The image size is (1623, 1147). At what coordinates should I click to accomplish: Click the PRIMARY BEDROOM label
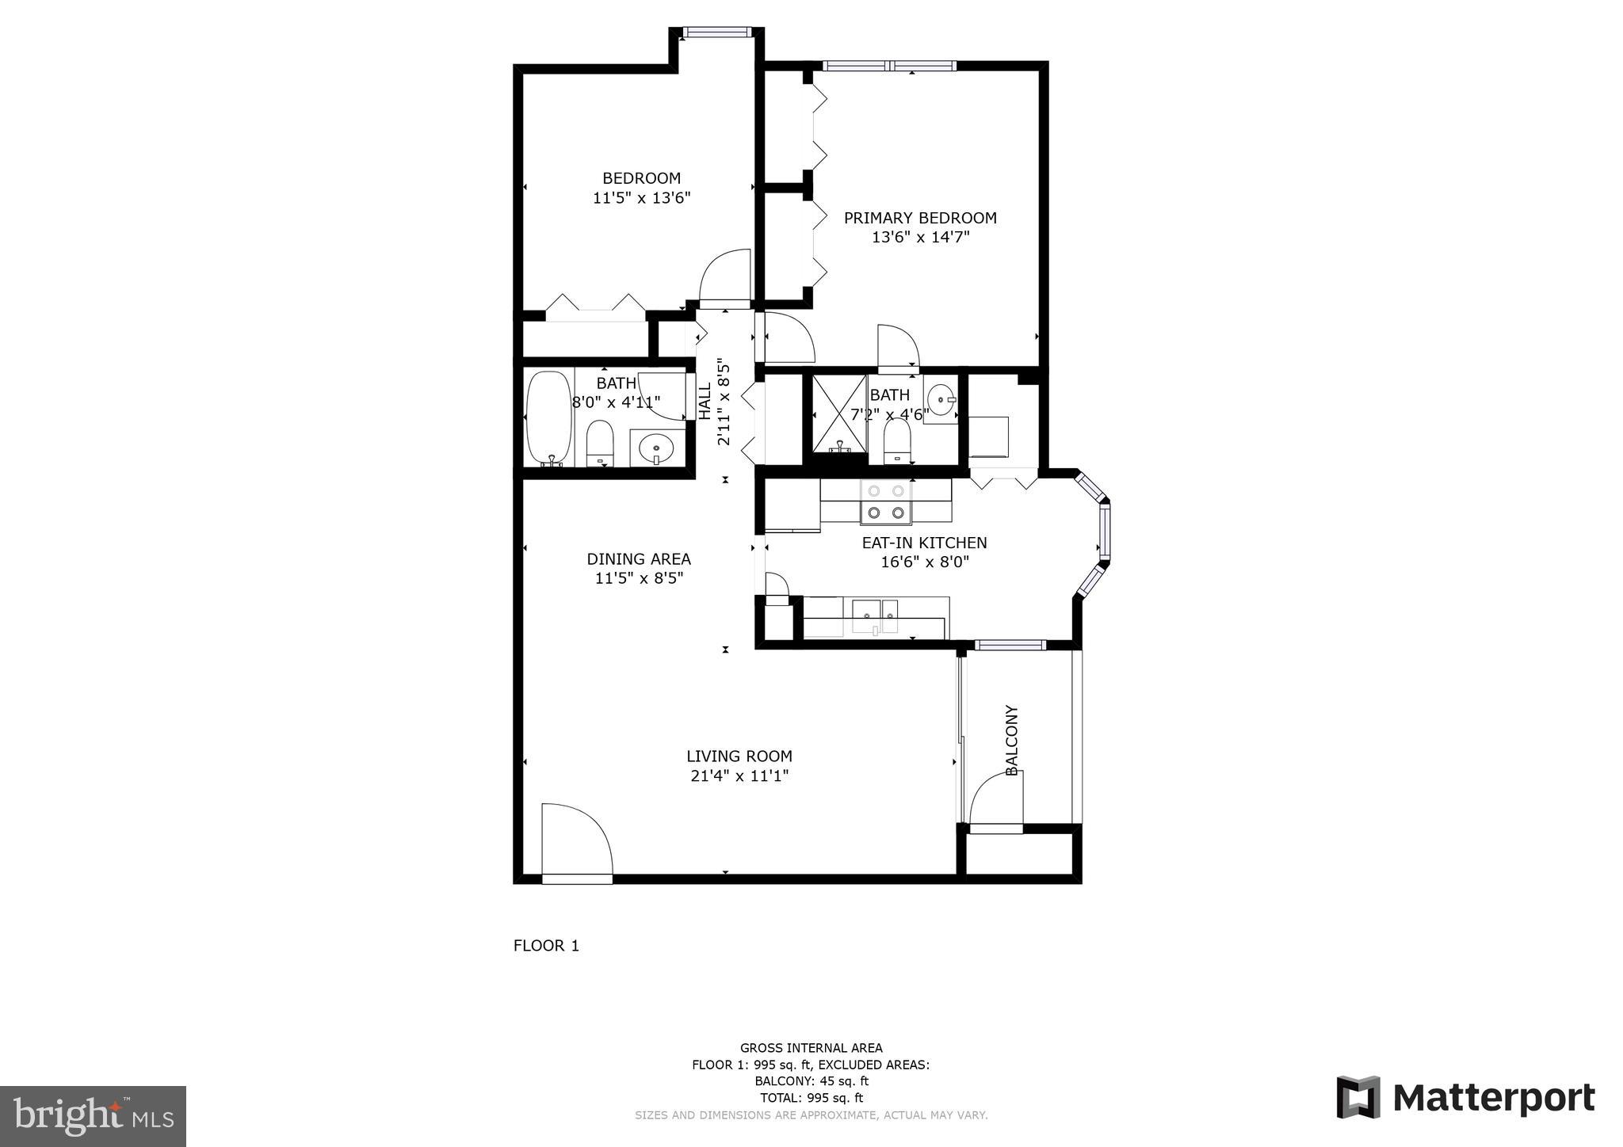(x=919, y=218)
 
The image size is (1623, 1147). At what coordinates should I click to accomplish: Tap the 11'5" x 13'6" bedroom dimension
(x=641, y=198)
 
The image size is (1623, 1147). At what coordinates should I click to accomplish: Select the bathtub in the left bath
(x=548, y=417)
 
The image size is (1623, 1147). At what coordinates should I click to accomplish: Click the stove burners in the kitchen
(x=886, y=502)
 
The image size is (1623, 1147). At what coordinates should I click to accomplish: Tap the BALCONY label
(x=1011, y=740)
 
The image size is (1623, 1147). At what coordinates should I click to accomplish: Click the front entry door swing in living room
(x=576, y=841)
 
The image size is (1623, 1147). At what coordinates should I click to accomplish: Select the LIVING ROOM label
(x=739, y=756)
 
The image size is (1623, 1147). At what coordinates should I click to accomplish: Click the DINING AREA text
(x=638, y=559)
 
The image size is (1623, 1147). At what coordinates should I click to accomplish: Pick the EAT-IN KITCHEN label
(x=924, y=543)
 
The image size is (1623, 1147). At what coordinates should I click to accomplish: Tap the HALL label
(x=705, y=401)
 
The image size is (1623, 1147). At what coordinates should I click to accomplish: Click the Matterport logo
(x=1465, y=1098)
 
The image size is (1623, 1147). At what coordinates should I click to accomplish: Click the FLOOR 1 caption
(x=546, y=946)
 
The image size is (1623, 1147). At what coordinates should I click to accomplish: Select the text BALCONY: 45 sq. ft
(x=811, y=1081)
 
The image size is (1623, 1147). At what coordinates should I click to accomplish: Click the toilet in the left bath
(x=600, y=444)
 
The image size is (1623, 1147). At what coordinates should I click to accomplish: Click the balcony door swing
(x=996, y=801)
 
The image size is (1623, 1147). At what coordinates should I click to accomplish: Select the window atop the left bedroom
(x=716, y=32)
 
